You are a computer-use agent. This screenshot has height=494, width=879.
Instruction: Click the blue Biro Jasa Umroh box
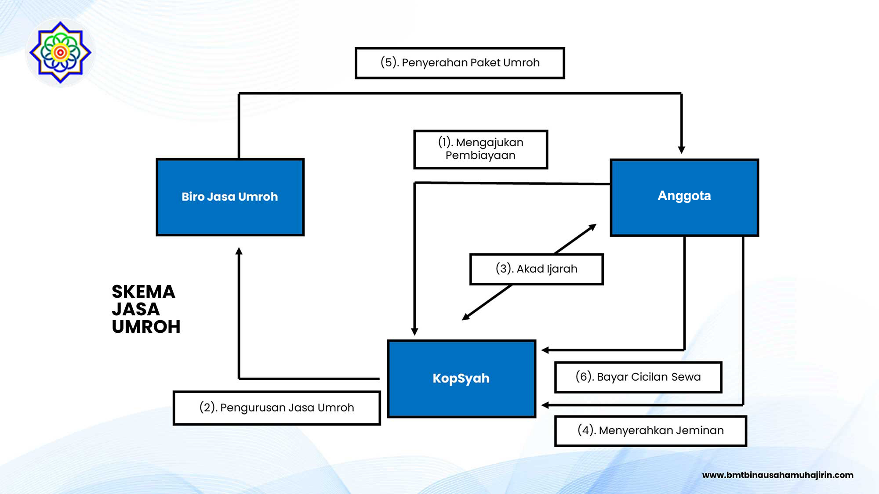(230, 197)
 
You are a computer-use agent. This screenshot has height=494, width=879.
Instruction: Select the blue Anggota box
(684, 197)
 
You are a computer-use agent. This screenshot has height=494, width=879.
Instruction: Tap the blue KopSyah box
(461, 379)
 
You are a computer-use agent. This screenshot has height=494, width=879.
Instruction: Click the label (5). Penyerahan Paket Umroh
(460, 63)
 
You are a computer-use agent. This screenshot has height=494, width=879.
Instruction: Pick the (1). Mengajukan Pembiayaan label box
(480, 149)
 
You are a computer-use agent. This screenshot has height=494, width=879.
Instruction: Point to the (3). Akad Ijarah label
(536, 269)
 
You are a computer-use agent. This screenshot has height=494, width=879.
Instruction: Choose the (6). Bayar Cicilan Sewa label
(638, 377)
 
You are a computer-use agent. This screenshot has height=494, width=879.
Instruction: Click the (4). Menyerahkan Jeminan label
(650, 431)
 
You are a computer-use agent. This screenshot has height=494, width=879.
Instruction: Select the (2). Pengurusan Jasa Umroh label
(276, 408)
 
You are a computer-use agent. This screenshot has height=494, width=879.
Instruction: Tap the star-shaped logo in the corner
(60, 52)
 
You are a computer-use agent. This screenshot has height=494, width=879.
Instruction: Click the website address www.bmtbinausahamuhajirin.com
(777, 475)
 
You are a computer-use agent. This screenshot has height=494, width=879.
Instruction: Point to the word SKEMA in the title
(143, 292)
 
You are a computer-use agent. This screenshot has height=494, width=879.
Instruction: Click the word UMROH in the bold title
(146, 327)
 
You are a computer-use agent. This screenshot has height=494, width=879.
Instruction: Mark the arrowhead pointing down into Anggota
(681, 150)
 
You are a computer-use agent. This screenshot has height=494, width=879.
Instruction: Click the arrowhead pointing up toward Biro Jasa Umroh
(239, 251)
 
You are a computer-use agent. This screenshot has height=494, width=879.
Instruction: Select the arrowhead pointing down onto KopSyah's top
(414, 332)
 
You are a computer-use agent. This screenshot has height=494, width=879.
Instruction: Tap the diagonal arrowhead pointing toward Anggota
(592, 227)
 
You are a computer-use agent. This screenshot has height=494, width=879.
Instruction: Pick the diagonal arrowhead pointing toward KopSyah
(466, 317)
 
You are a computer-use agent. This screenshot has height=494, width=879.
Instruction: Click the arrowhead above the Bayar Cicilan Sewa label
(545, 350)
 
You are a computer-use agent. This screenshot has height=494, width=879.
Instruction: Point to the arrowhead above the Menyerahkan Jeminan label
(545, 405)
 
